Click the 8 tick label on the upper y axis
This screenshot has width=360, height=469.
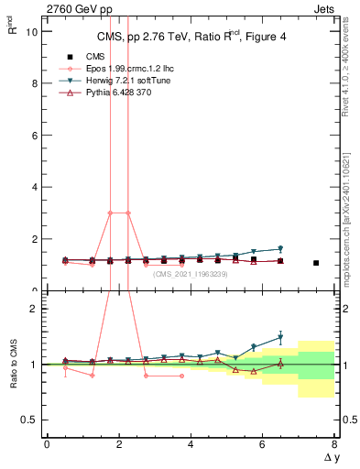[33, 83]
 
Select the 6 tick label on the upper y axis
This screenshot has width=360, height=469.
[33, 136]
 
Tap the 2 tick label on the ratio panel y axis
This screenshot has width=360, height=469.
[33, 309]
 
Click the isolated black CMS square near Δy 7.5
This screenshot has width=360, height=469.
[316, 263]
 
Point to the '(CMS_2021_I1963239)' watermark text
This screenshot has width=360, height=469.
[191, 273]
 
